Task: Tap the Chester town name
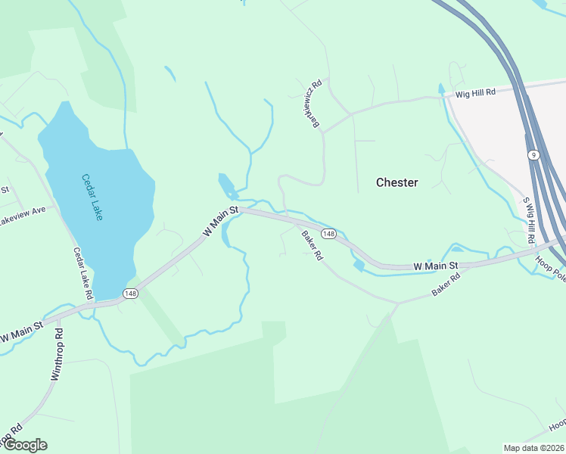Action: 397,182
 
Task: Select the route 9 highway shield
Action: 533,154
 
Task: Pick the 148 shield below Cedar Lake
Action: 130,293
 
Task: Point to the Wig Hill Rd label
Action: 474,92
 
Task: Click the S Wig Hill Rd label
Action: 529,220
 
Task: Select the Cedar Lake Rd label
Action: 82,273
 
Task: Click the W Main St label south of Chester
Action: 436,266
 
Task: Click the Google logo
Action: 24,445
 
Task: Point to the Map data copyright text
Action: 533,448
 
